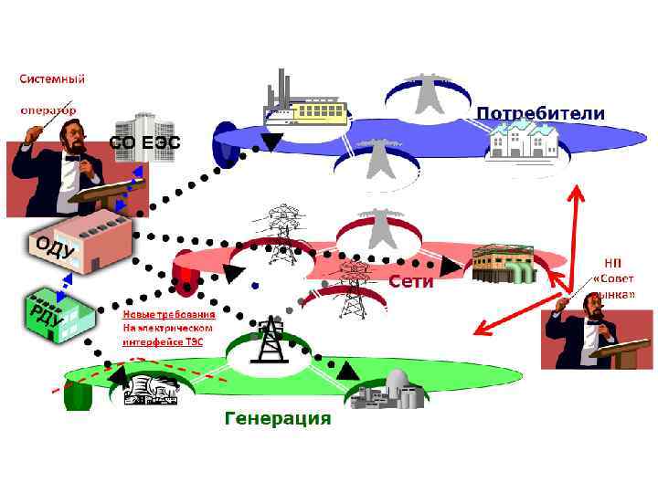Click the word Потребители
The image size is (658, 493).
pyautogui.click(x=540, y=114)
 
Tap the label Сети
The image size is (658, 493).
pyautogui.click(x=410, y=282)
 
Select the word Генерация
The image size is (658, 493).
pyautogui.click(x=278, y=418)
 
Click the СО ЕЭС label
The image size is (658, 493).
pyautogui.click(x=145, y=142)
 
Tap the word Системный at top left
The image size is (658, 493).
pyautogui.click(x=50, y=79)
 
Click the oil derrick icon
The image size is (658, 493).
pyautogui.click(x=271, y=343)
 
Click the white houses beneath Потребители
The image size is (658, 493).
pyautogui.click(x=522, y=143)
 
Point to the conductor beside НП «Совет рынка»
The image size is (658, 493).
pyautogui.click(x=594, y=333)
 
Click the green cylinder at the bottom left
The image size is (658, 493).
pyautogui.click(x=79, y=395)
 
